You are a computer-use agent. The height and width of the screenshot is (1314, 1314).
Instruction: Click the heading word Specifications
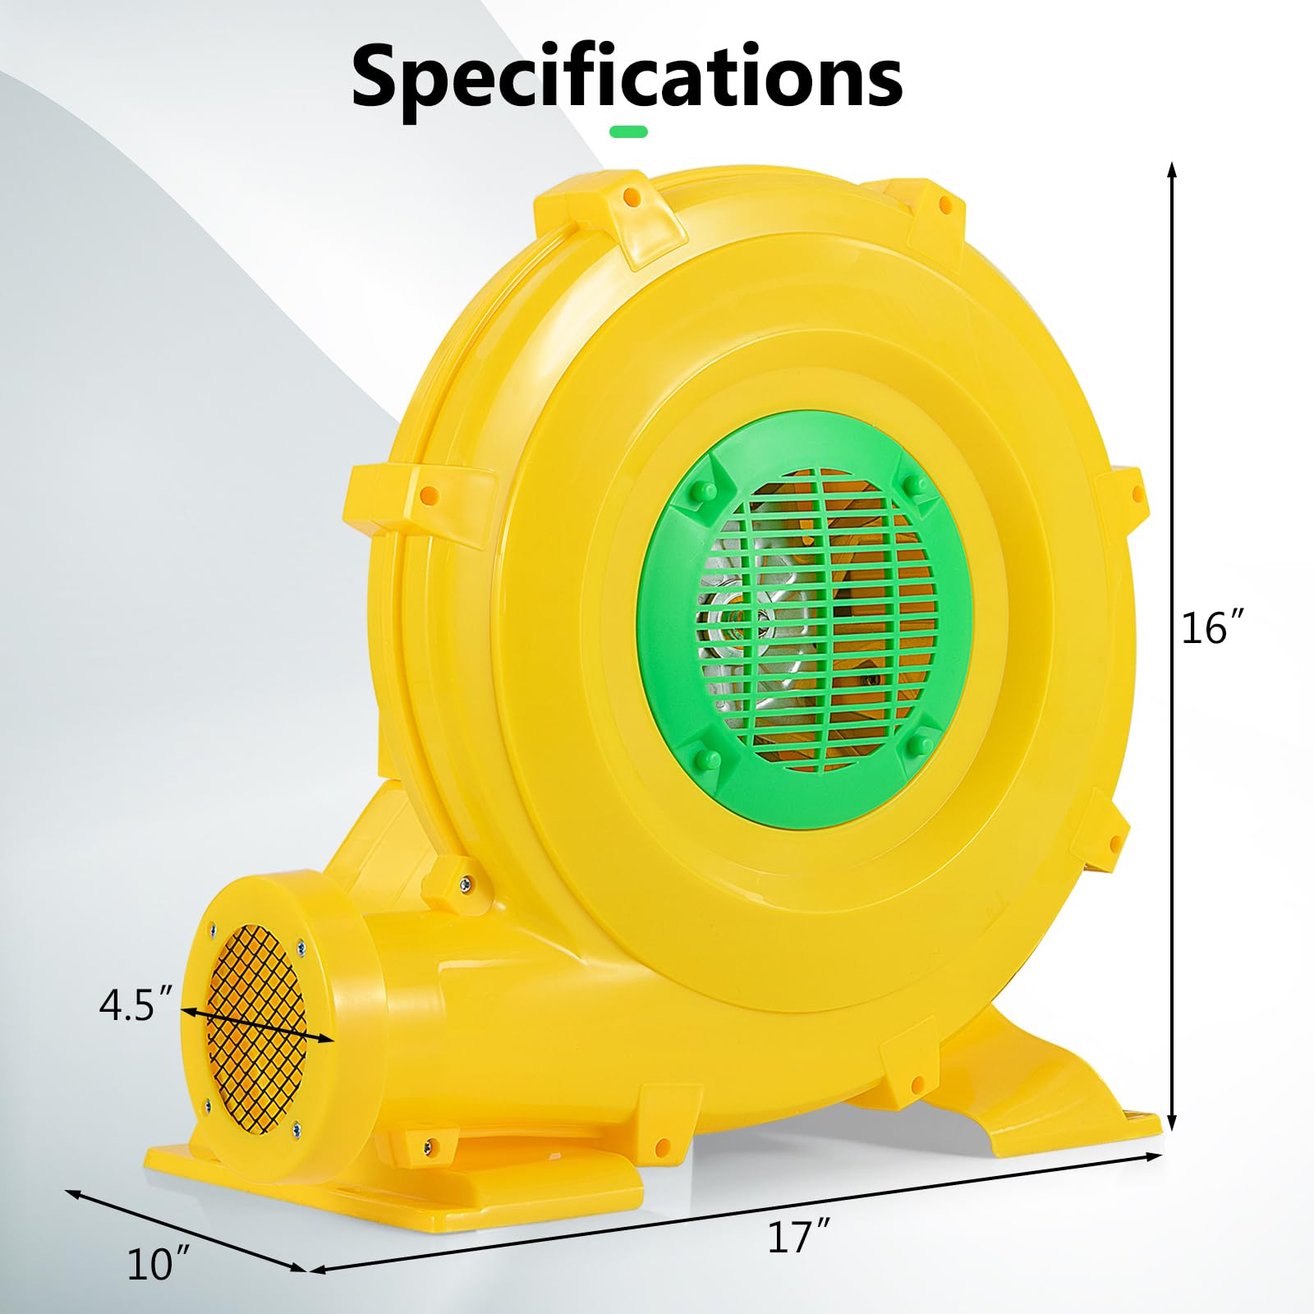pos(627,75)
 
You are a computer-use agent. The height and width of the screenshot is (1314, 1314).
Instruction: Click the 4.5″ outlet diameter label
pos(137,1005)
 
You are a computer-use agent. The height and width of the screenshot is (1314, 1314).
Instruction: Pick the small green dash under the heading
pos(628,131)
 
